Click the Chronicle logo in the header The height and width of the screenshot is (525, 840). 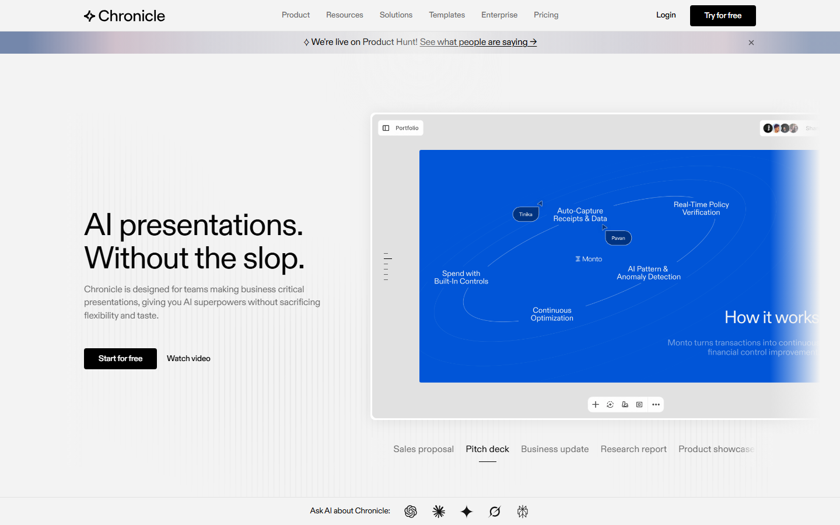coord(124,16)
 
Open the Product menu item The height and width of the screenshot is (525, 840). coord(296,15)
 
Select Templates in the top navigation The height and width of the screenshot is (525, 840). coord(447,15)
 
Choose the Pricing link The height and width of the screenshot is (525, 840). coord(546,15)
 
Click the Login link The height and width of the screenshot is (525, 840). coord(666,15)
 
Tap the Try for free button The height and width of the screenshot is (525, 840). coord(723,16)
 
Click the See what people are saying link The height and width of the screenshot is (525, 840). coord(478,42)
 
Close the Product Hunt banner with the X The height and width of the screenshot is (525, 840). coord(751,43)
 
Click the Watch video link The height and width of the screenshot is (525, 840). coord(188,359)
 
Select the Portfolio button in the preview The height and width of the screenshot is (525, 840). coord(401,128)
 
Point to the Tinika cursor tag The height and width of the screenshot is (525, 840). coord(526,214)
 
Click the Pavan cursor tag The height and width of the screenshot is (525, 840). coord(618,238)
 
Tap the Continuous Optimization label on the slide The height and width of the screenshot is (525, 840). coord(552,314)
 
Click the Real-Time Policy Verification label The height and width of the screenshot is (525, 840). coord(701,208)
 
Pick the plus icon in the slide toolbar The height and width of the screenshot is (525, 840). coord(596,405)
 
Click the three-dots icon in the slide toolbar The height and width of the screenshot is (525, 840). coord(656,405)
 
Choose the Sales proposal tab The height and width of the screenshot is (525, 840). coord(423,449)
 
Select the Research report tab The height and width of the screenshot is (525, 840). coord(633,449)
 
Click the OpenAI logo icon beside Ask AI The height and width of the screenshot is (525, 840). coord(411,512)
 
